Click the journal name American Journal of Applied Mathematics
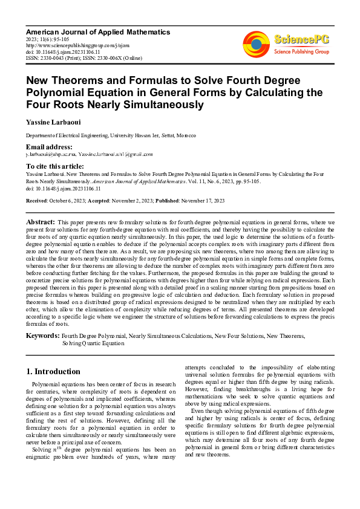[98, 31]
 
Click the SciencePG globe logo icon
[256, 44]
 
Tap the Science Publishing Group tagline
[301, 52]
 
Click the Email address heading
[49, 148]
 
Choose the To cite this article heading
[55, 166]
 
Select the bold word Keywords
[42, 335]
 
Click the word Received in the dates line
[38, 200]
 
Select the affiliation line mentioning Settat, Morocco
[111, 136]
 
